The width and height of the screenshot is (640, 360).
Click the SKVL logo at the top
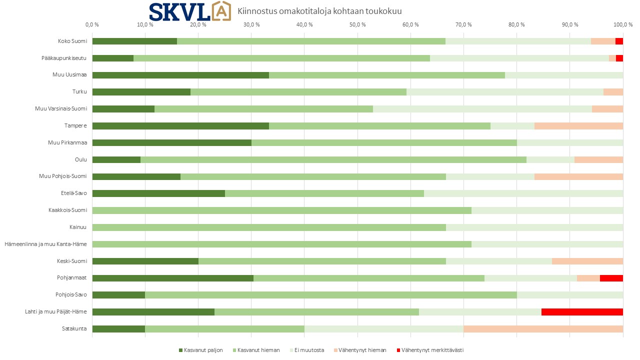coord(190,11)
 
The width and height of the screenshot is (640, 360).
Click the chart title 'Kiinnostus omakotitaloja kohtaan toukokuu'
coord(319,11)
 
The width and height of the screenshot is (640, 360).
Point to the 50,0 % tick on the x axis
coord(357,24)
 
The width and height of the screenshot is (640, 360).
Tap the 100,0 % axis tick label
coord(622,24)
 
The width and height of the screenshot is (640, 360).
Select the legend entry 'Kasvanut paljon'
coord(201,350)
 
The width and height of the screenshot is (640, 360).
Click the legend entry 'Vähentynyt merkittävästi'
coord(430,350)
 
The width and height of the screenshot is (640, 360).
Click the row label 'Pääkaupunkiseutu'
coord(64,58)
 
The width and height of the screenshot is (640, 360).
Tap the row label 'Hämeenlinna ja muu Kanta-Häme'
coord(45,244)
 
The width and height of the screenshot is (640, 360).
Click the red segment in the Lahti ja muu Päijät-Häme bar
coord(582,312)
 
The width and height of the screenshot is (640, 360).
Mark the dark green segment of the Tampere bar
coord(180,126)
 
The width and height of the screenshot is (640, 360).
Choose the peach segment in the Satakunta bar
coord(543,329)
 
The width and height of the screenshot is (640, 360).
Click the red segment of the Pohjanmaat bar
coord(611,278)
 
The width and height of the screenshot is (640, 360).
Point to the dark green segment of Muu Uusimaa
coord(180,75)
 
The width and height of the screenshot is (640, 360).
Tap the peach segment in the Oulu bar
coord(598,159)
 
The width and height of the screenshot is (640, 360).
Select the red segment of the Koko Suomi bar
coord(619,41)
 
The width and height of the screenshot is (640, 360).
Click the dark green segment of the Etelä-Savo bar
coord(158,193)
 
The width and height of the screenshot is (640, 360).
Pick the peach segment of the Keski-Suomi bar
coord(587,261)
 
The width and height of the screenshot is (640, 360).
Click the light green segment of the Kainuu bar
coord(269,227)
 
